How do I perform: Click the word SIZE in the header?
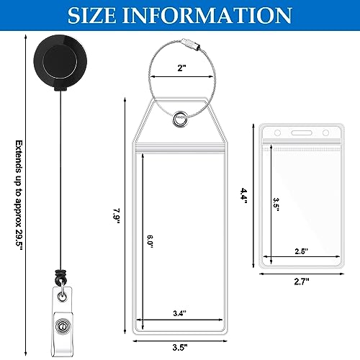click(92, 15)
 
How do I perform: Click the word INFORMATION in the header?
click(207, 15)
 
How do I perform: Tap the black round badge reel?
click(60, 61)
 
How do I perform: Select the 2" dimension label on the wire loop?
click(181, 68)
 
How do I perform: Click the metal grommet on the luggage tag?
click(180, 119)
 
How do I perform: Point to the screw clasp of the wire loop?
click(190, 44)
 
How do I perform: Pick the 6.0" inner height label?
click(150, 241)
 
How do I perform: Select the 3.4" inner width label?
click(180, 313)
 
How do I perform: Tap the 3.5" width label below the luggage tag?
click(180, 347)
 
